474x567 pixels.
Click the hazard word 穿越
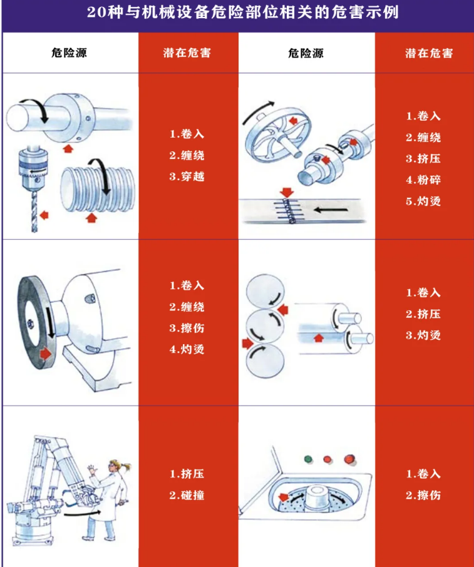[195, 177]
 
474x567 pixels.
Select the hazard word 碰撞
[195, 496]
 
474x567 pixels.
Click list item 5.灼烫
[424, 201]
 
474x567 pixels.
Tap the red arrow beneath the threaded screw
[91, 218]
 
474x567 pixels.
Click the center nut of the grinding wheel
[29, 324]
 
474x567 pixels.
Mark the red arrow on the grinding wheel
[46, 354]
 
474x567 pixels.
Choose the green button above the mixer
[308, 458]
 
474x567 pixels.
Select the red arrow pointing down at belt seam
[287, 192]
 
